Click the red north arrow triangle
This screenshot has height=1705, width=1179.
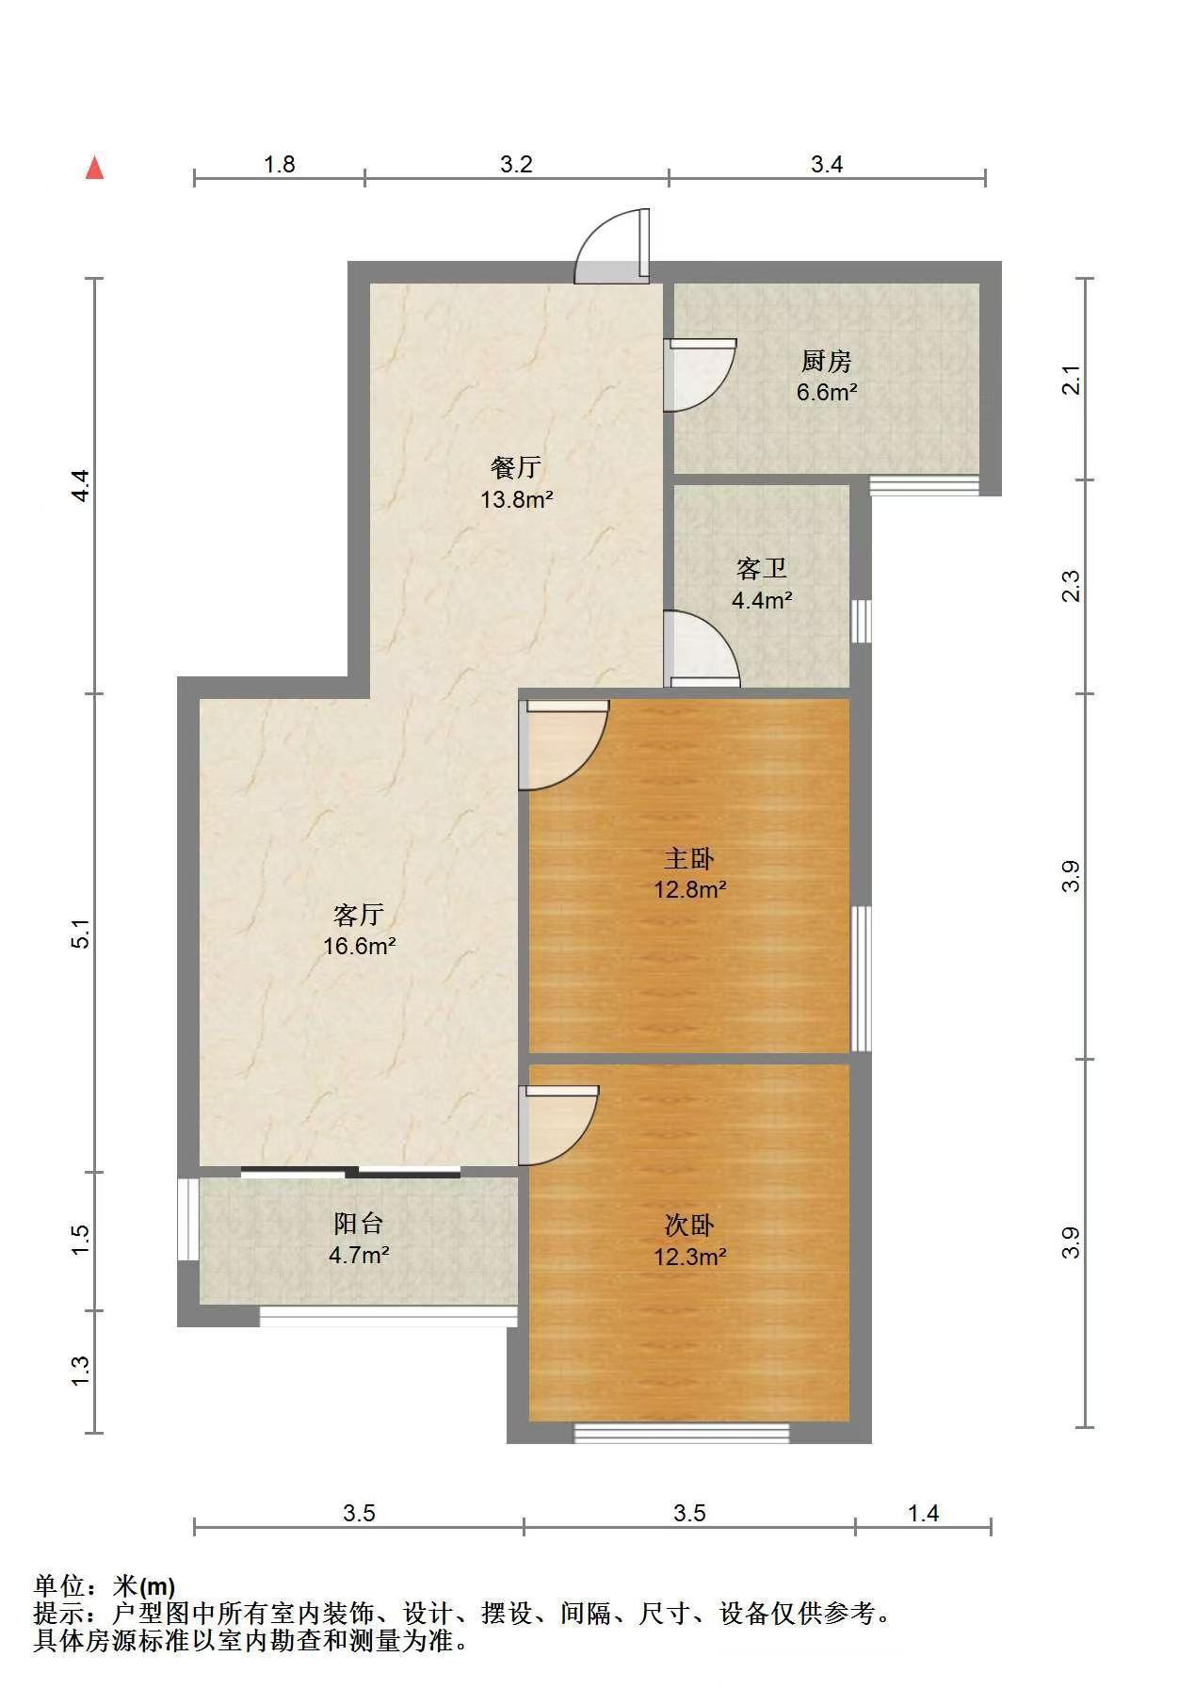pyautogui.click(x=94, y=168)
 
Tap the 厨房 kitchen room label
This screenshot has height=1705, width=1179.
pyautogui.click(x=826, y=361)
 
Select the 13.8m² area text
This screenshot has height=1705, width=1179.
pyautogui.click(x=516, y=499)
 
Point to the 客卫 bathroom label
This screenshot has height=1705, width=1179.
pyautogui.click(x=761, y=569)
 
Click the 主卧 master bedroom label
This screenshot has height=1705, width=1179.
pyautogui.click(x=689, y=859)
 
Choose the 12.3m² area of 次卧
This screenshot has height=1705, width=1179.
pyautogui.click(x=689, y=1257)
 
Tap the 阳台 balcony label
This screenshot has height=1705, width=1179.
pyautogui.click(x=359, y=1224)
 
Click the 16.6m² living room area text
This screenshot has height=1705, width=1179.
pyautogui.click(x=359, y=946)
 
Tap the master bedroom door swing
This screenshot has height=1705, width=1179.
pyautogui.click(x=563, y=746)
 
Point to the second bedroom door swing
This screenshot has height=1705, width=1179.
pyautogui.click(x=558, y=1125)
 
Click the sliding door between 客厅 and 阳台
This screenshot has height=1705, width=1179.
pyautogui.click(x=350, y=1173)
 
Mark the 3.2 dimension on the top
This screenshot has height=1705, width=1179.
pyautogui.click(x=516, y=165)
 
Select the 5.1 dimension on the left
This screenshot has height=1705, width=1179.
pyautogui.click(x=82, y=933)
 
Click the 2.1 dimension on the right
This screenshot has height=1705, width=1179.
pyautogui.click(x=1072, y=381)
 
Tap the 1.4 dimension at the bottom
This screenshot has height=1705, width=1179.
pyautogui.click(x=923, y=1513)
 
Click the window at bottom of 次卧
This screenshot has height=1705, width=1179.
pyautogui.click(x=682, y=1433)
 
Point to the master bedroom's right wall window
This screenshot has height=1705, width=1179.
pyautogui.click(x=861, y=979)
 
